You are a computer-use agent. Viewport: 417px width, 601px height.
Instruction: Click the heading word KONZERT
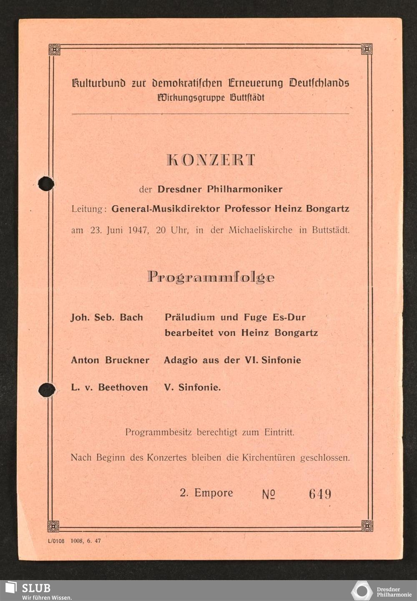tap(211, 160)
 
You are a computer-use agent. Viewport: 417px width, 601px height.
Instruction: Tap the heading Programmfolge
tap(211, 278)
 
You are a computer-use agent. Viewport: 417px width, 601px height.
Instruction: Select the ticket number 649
tap(320, 494)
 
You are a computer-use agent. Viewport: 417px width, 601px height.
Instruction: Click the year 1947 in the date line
tap(138, 230)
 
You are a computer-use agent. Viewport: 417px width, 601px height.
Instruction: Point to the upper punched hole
tap(46, 184)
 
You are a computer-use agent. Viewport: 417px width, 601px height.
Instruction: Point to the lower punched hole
tap(47, 390)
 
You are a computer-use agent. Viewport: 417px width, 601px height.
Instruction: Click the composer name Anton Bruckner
tap(110, 360)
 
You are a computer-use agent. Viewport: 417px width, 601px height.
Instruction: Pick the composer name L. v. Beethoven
tap(109, 387)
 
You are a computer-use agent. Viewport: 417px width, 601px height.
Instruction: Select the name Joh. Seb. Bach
tap(107, 318)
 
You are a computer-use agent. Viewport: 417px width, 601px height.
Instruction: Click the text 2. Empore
tap(206, 493)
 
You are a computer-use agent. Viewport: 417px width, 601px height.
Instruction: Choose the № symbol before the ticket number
tap(269, 495)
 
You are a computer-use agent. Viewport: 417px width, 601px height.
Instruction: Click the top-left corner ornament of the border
tap(54, 49)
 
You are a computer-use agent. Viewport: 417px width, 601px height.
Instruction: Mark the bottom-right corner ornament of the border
tap(367, 525)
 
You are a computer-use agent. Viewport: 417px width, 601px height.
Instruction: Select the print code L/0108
tap(56, 541)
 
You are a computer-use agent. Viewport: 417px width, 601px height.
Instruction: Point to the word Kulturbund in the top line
tap(98, 83)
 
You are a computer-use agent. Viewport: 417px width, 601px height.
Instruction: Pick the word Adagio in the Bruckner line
tap(181, 360)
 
